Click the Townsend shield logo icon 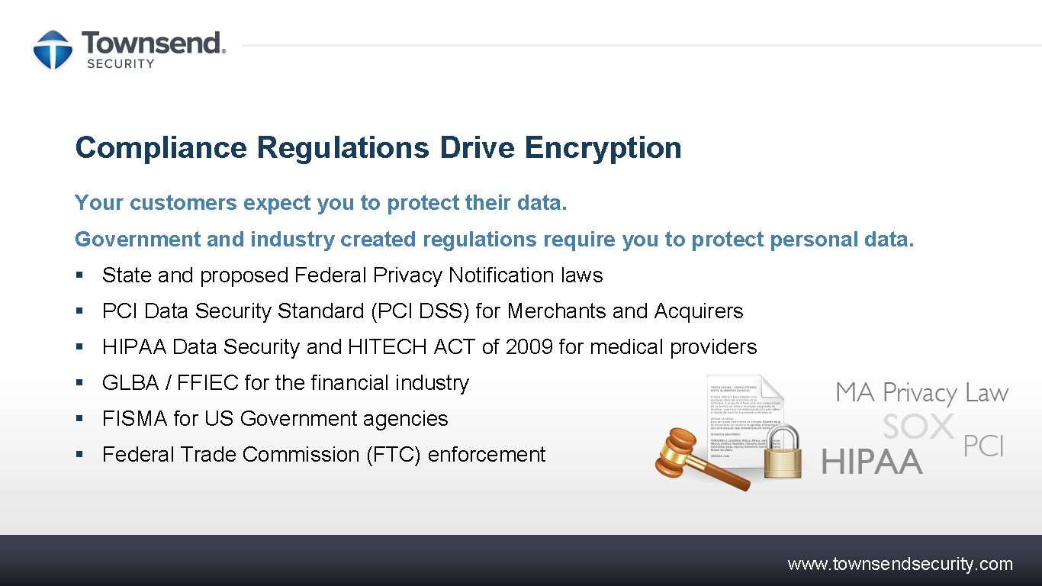(x=52, y=50)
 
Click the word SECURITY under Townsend (x=121, y=64)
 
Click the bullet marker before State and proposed (x=79, y=275)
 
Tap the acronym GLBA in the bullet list (x=130, y=383)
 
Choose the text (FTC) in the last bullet (x=394, y=455)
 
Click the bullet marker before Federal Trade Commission (x=79, y=455)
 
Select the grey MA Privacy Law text (x=921, y=393)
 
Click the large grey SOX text (x=918, y=427)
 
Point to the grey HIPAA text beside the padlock (x=872, y=462)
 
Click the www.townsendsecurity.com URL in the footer (x=900, y=565)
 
